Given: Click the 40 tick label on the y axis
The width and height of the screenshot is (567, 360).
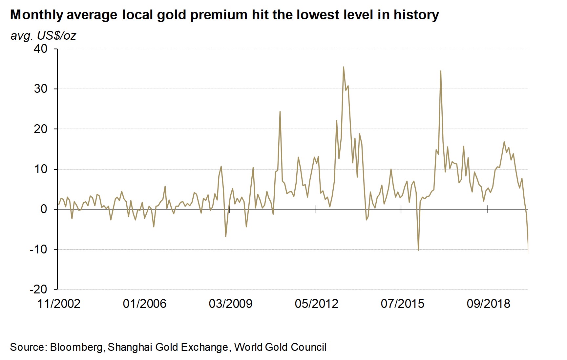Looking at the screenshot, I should coord(40,49).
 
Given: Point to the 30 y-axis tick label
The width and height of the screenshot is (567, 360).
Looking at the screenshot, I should coord(40,89).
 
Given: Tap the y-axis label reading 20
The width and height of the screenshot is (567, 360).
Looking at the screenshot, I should coord(40,129).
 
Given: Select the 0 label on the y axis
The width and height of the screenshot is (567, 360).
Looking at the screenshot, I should coord(44,209).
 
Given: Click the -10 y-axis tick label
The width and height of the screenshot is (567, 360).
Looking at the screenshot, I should coord(38,250).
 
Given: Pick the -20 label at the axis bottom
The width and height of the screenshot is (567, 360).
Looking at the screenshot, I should coord(38,290).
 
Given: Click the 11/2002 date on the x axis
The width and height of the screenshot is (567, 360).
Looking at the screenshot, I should coord(59,304).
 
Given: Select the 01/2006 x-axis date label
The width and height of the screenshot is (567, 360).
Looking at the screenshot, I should coord(145,304).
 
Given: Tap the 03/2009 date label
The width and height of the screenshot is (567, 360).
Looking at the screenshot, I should coord(231,304).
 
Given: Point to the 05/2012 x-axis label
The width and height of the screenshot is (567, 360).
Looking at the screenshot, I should coord(317,304).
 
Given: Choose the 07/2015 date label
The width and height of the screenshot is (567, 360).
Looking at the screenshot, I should coord(403,304).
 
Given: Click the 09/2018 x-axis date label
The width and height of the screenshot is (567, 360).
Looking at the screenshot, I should coord(489,304).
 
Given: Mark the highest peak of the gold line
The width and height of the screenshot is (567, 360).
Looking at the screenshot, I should coord(343,67).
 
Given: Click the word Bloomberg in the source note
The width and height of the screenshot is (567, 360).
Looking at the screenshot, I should coord(76,347).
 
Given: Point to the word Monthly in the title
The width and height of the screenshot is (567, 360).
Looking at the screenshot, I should coord(37,15).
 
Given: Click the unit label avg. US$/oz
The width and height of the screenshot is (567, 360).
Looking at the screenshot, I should coord(43,35).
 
